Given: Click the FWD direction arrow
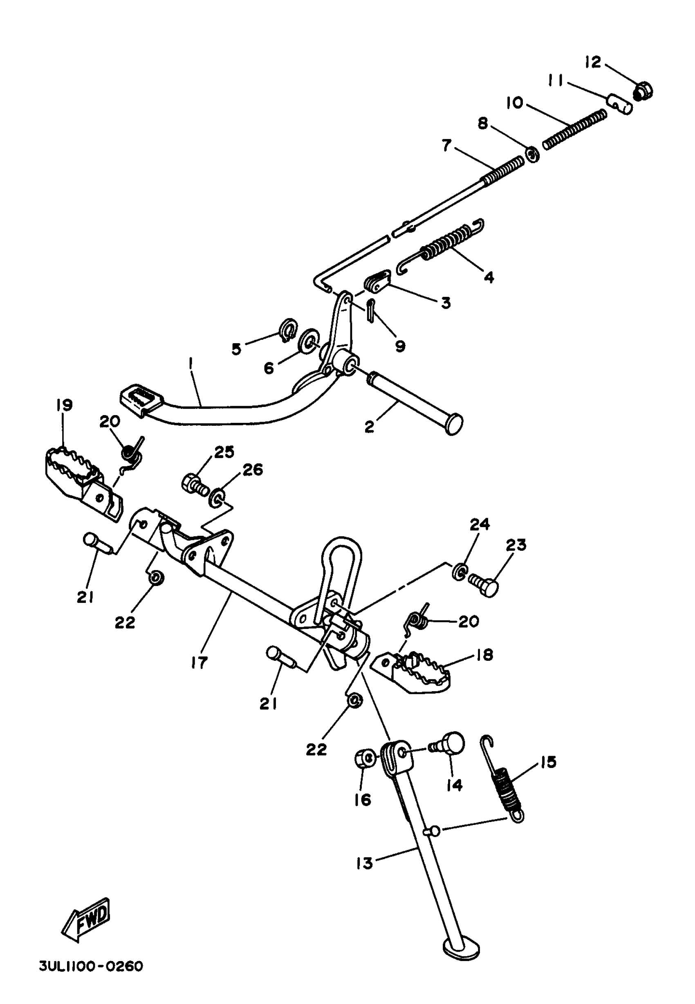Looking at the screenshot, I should [x=86, y=919].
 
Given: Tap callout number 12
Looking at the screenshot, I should [x=593, y=62].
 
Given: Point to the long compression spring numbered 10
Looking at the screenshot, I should [x=575, y=129].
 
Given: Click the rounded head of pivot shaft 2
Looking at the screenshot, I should [x=454, y=424].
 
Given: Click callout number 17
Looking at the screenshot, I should [x=199, y=663].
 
